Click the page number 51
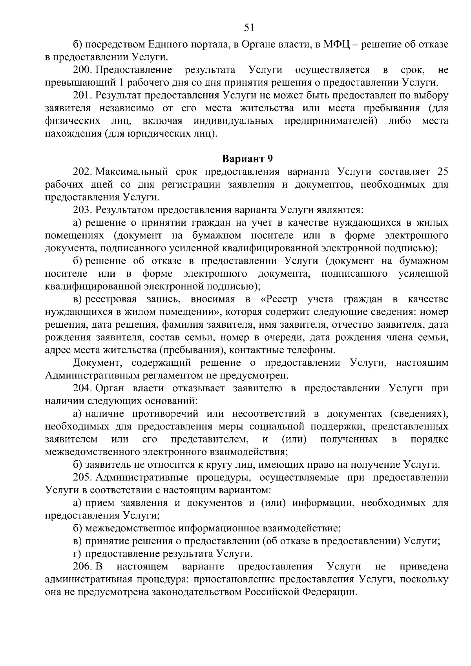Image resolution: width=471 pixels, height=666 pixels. (249, 27)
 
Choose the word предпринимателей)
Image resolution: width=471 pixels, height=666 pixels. (331, 121)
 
